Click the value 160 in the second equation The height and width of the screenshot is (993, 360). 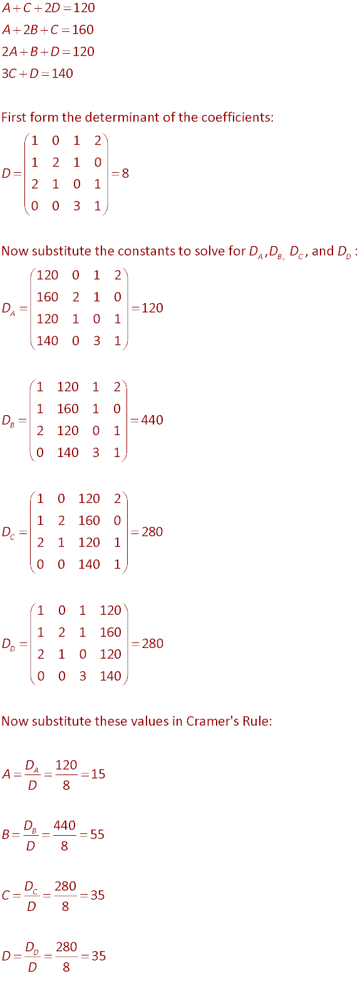pos(83,29)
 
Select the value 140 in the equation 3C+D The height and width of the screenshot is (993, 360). pos(62,73)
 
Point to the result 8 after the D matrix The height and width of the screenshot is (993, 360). pos(125,173)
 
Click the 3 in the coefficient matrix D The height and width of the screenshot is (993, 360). pos(77,206)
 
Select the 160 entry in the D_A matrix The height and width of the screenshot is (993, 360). pos(48,297)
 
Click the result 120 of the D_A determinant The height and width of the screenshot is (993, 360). pos(153,308)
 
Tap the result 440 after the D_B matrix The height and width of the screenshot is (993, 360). pos(152,420)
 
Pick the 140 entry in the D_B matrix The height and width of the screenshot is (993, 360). pos(68,453)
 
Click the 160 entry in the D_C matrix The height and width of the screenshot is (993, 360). pos(89,520)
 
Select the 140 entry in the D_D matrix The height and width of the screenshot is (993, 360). pos(110,676)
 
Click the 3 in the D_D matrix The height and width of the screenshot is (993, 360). pos(83,676)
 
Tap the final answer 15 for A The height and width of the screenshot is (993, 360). pos(98,774)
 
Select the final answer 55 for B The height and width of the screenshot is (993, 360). pos(97,835)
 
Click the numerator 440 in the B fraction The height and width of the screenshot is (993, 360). pos(64,825)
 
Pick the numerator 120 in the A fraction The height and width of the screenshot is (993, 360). pos(66,764)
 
